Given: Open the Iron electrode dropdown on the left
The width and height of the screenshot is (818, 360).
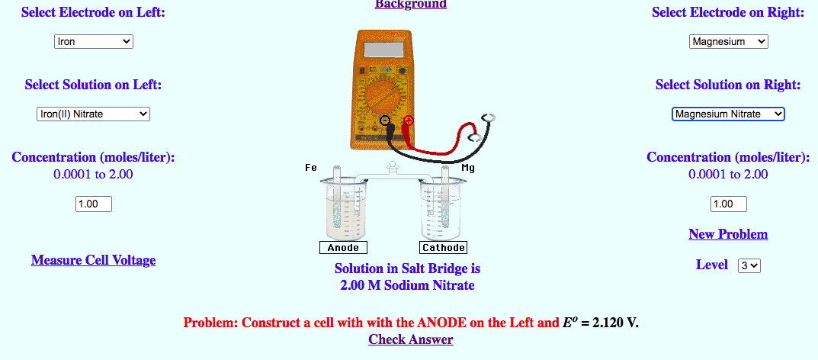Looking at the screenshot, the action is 94,42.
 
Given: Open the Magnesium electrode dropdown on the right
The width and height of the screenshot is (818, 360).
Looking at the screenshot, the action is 728,42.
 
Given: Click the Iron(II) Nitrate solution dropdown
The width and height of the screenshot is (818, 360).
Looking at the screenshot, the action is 93,114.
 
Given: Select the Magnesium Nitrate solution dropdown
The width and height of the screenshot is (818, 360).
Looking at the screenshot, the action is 728,114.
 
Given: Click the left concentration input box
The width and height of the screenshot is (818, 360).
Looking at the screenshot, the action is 94,204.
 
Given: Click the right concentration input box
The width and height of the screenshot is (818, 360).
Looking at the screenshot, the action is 728,204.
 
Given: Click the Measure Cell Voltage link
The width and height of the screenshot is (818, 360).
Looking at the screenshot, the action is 93,260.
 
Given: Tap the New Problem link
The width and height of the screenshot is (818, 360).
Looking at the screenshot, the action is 728,234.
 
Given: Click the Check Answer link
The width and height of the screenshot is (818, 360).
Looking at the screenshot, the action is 410,339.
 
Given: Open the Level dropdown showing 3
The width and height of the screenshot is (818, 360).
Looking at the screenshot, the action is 749,265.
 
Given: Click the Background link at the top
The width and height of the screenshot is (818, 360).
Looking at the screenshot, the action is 410,5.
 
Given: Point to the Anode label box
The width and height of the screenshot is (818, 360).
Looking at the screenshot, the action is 342,248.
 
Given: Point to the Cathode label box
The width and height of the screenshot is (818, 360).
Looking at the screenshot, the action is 443,248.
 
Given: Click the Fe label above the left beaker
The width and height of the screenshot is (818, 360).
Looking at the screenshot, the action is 310,167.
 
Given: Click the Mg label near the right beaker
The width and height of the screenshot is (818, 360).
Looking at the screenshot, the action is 468,168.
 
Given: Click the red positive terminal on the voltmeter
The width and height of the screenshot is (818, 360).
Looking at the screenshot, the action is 409,121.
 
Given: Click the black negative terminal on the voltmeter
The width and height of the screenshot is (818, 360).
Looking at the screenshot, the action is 385,121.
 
